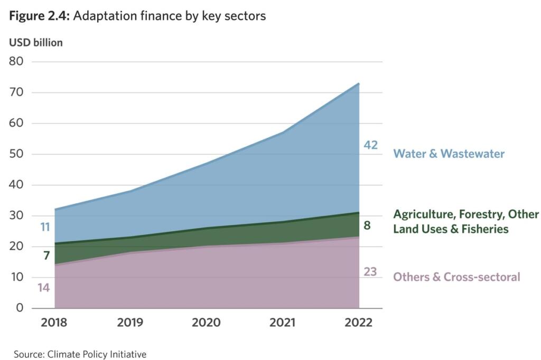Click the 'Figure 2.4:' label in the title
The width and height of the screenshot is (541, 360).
click(x=39, y=16)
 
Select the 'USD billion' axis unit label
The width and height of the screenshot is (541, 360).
click(x=36, y=43)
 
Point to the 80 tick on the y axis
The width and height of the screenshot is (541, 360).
click(x=16, y=62)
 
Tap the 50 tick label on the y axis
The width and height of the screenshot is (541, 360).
click(x=16, y=154)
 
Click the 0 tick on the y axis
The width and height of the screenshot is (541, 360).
click(x=20, y=308)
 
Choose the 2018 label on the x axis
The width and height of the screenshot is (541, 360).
click(x=54, y=323)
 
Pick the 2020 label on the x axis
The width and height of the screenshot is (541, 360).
click(x=206, y=323)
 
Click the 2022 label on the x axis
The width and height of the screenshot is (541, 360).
click(x=358, y=323)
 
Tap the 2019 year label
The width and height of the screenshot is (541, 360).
click(x=130, y=323)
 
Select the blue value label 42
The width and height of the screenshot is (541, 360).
click(x=370, y=145)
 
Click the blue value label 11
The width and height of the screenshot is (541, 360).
click(x=45, y=228)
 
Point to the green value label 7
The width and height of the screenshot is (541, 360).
click(x=46, y=256)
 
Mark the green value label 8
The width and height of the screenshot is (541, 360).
click(x=367, y=225)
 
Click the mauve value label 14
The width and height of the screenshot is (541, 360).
click(x=44, y=288)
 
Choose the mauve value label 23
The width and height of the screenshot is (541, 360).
click(x=370, y=272)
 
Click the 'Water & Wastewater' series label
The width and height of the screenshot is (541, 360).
click(x=449, y=154)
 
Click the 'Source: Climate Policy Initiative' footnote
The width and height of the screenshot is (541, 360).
click(x=80, y=354)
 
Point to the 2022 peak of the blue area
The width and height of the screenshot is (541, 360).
click(x=359, y=83)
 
